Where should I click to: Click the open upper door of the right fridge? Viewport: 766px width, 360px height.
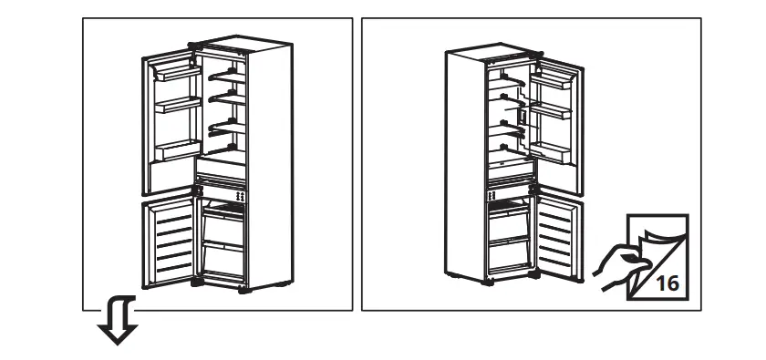tap(556, 119)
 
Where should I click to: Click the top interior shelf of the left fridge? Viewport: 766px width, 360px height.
tap(228, 75)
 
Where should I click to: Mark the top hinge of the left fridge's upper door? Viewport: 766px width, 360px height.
tap(193, 45)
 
